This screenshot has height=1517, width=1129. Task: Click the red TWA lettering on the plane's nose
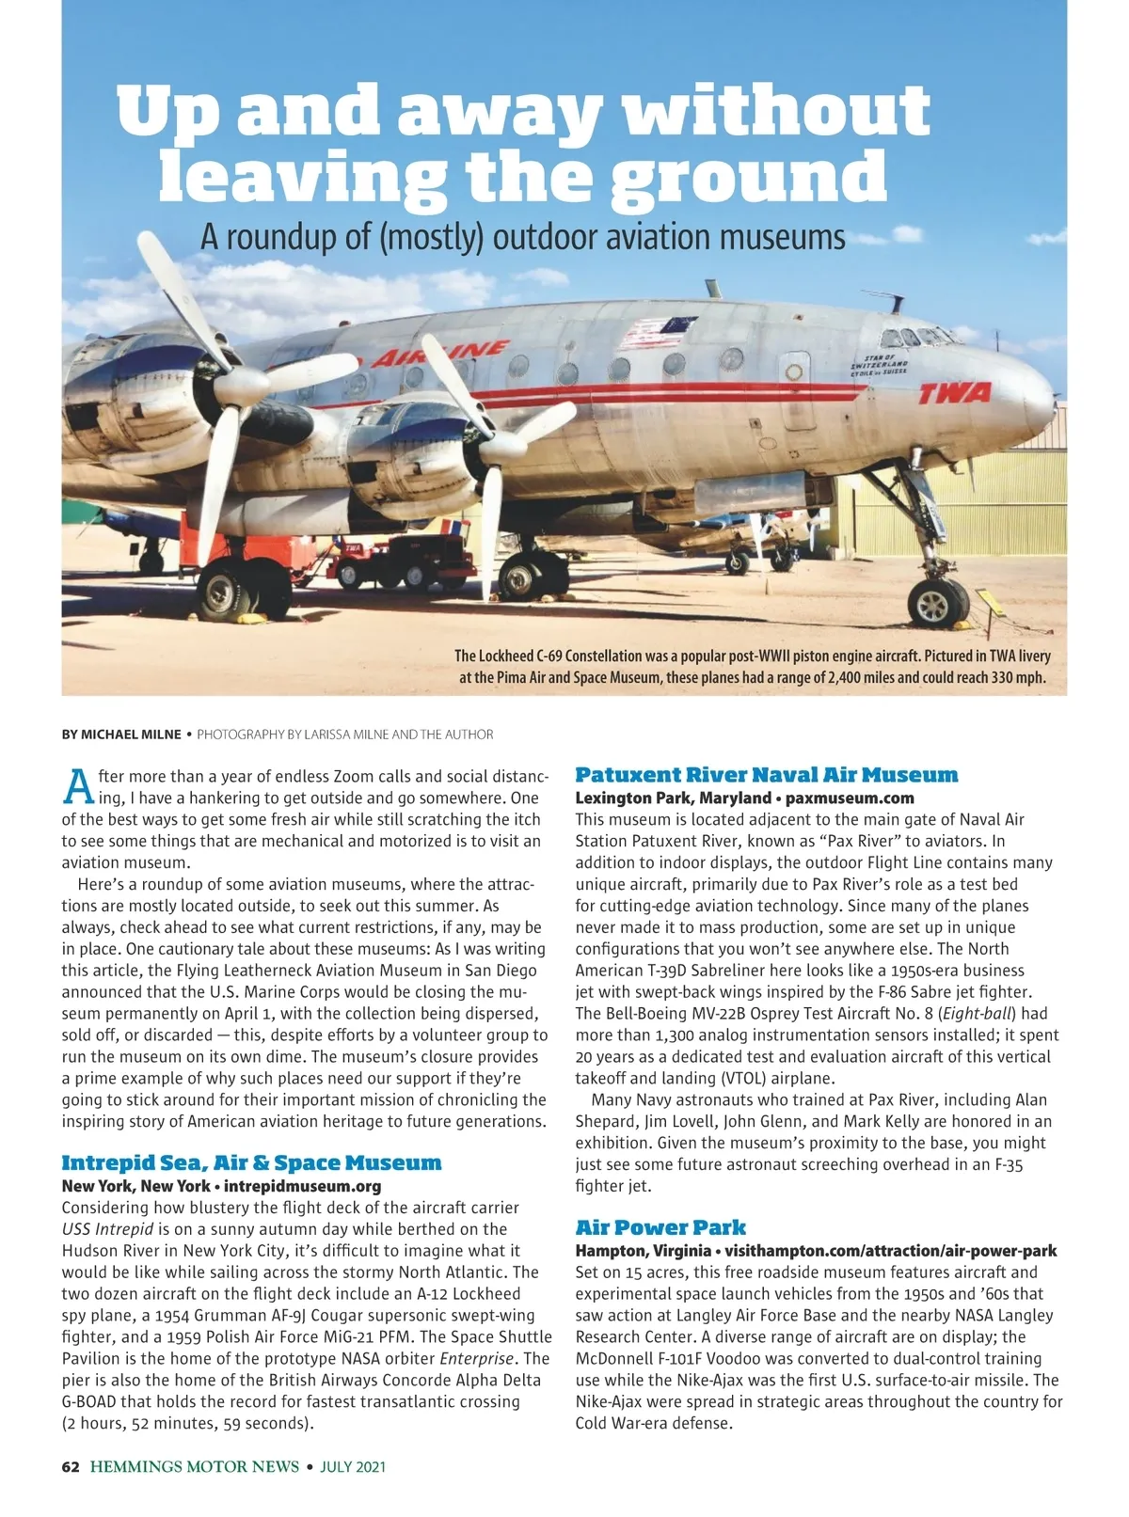(x=954, y=392)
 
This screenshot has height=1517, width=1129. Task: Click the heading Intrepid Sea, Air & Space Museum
(x=251, y=1163)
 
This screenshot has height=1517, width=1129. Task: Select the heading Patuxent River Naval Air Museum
(x=766, y=775)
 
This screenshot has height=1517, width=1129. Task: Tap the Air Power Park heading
(x=660, y=1227)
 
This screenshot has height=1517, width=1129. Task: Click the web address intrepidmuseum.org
(x=302, y=1186)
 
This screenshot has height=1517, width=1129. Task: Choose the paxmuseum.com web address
(x=849, y=798)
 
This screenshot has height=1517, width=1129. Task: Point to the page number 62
(x=71, y=1466)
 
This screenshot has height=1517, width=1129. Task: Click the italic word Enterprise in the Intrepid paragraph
(x=477, y=1359)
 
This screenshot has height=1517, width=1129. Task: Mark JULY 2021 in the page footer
(x=353, y=1466)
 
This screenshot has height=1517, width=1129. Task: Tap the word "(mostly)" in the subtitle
(x=431, y=237)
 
